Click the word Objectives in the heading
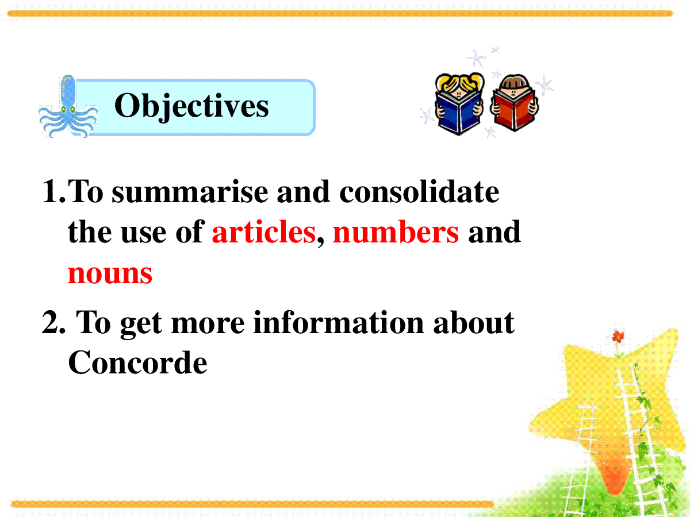(x=191, y=106)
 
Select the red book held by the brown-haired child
(x=513, y=110)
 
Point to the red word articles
(x=264, y=232)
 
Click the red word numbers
(x=396, y=232)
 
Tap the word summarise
(x=190, y=192)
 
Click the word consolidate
(x=419, y=191)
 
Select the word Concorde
(x=137, y=362)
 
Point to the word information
(x=339, y=322)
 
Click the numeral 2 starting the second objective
(x=49, y=322)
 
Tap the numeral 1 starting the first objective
(x=50, y=191)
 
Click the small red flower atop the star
(x=618, y=337)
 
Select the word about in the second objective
(x=474, y=322)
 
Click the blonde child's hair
(x=459, y=83)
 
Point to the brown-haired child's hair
(x=513, y=82)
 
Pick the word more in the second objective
(x=208, y=324)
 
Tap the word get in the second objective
(x=141, y=326)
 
